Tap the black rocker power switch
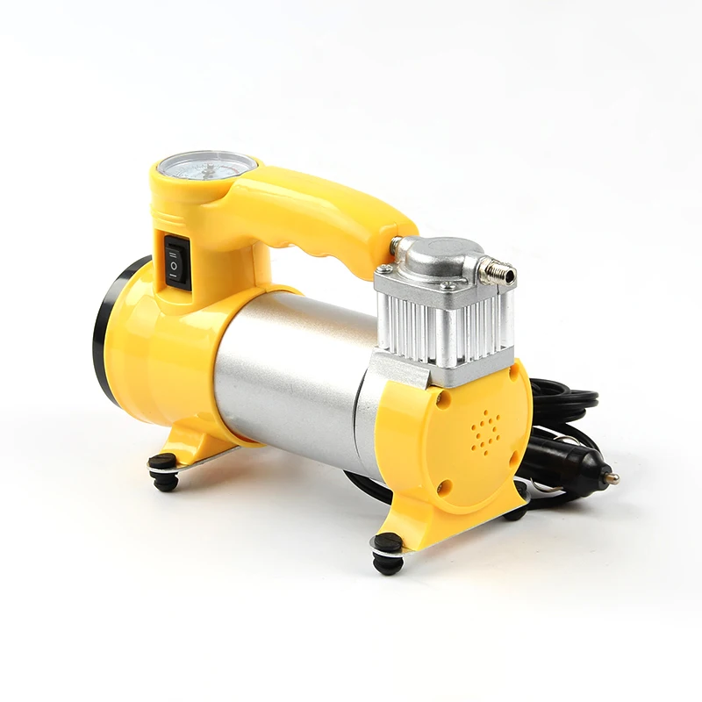(175, 261)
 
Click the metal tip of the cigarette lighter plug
(609, 478)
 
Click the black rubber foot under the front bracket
(387, 554)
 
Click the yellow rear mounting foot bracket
(189, 443)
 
